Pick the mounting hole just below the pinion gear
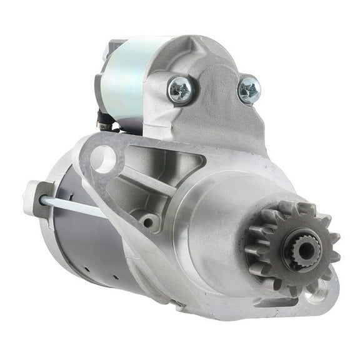(319, 289)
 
